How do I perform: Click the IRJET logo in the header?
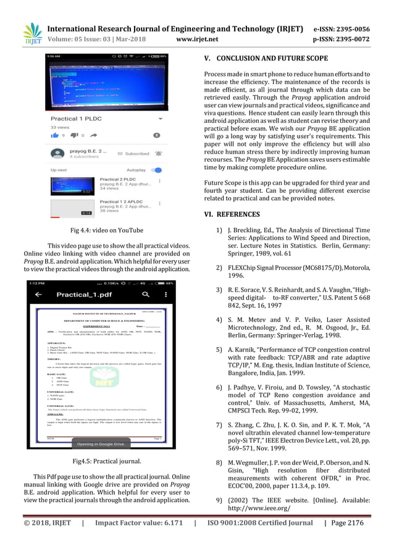33,33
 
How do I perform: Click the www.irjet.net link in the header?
197,40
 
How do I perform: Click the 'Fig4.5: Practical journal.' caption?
107,461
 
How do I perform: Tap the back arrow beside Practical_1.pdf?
39,295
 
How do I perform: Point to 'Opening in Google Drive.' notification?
101,444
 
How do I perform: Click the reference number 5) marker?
219,349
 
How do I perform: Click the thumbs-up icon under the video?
55,135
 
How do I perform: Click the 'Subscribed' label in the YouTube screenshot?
137,153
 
